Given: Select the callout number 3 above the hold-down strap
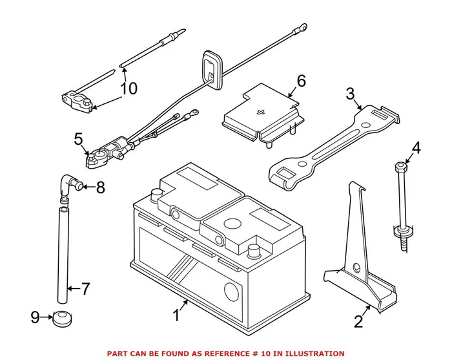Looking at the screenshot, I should (351, 95).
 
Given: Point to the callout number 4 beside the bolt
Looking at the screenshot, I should (416, 148).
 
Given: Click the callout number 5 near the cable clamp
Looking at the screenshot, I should (78, 138).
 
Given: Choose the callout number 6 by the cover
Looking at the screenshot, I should (301, 81).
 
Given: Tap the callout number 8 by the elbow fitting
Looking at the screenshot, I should (99, 188).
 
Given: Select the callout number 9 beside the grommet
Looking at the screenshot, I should (35, 316).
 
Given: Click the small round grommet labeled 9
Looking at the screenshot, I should (63, 317).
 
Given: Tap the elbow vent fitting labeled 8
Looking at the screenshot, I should (68, 185).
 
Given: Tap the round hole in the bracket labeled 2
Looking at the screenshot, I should (356, 266).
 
